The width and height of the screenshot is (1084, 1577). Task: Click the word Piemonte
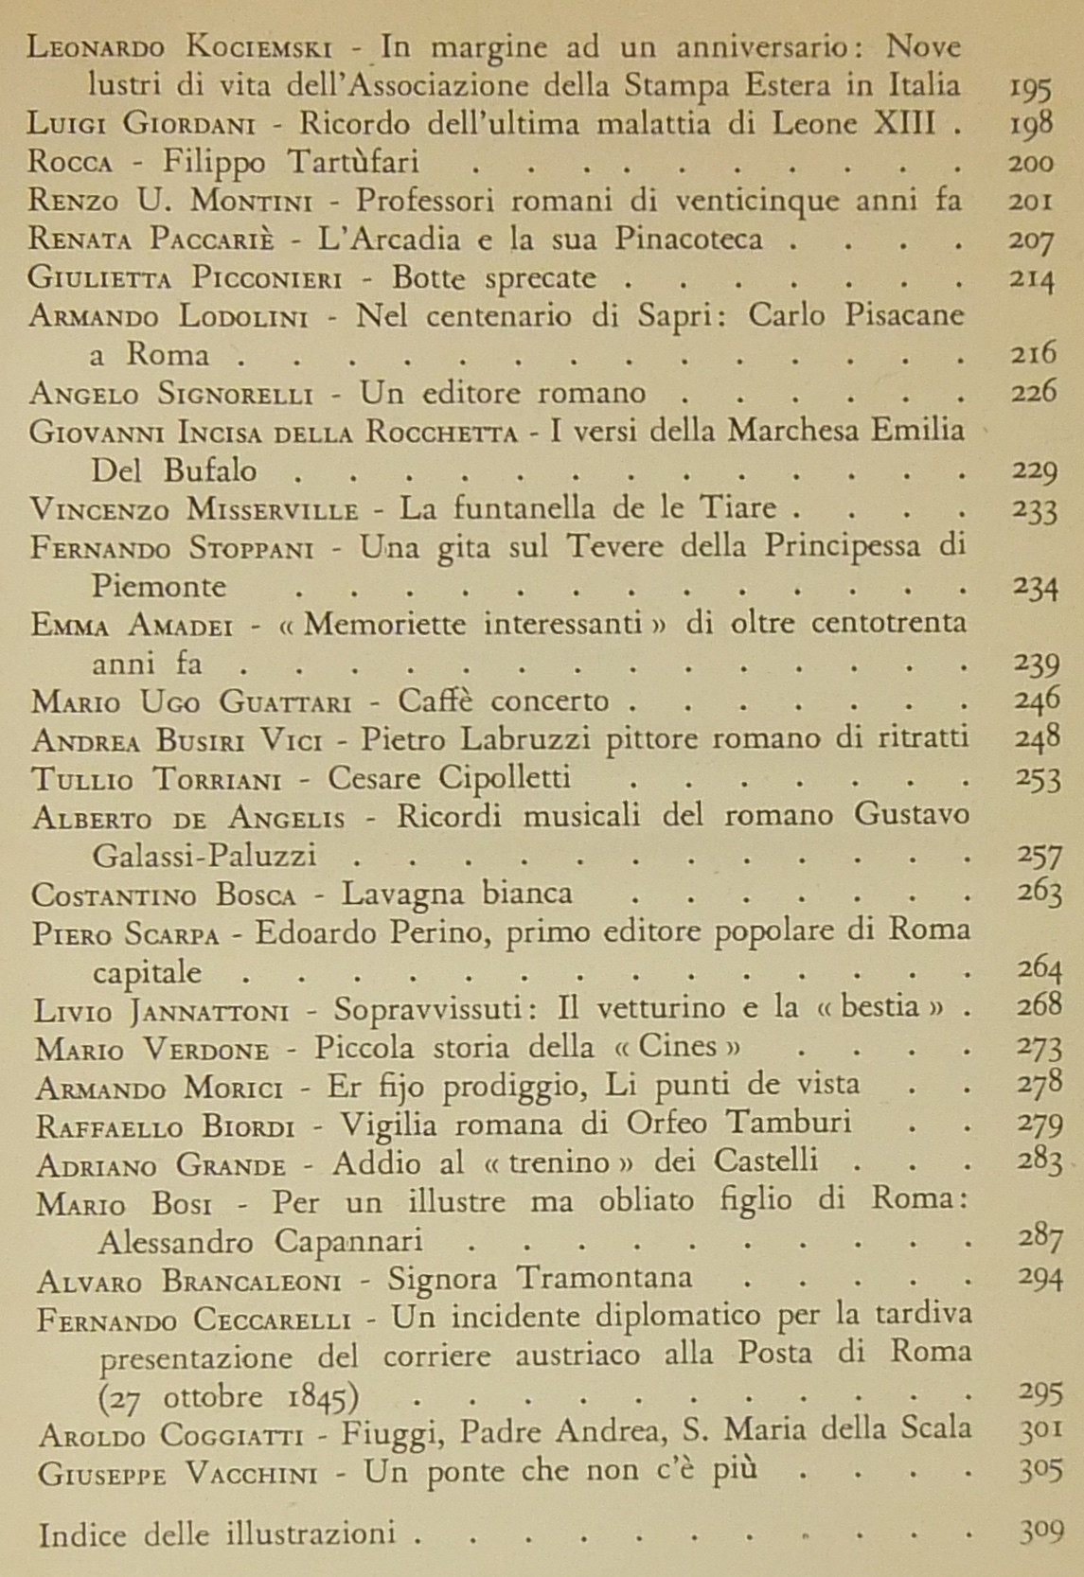pyautogui.click(x=159, y=586)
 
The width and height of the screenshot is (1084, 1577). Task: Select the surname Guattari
pyautogui.click(x=287, y=702)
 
